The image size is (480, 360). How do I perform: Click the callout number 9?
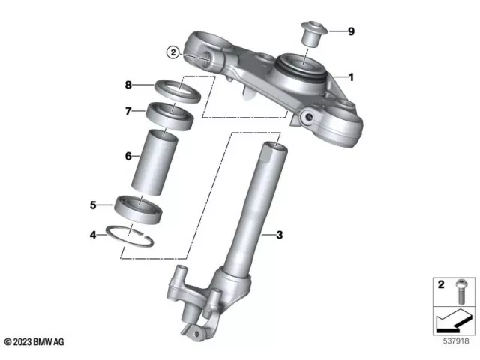point(351,31)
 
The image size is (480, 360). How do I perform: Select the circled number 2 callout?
point(172,52)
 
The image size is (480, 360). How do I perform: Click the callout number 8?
point(128,85)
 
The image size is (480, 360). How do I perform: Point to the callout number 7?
point(128,112)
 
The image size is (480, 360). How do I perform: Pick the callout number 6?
point(128,156)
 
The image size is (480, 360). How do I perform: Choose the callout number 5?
point(94,204)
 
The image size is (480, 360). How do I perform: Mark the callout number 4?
point(94,235)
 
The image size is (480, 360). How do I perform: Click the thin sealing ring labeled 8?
point(178,89)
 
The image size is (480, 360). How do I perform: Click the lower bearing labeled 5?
point(139,208)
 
